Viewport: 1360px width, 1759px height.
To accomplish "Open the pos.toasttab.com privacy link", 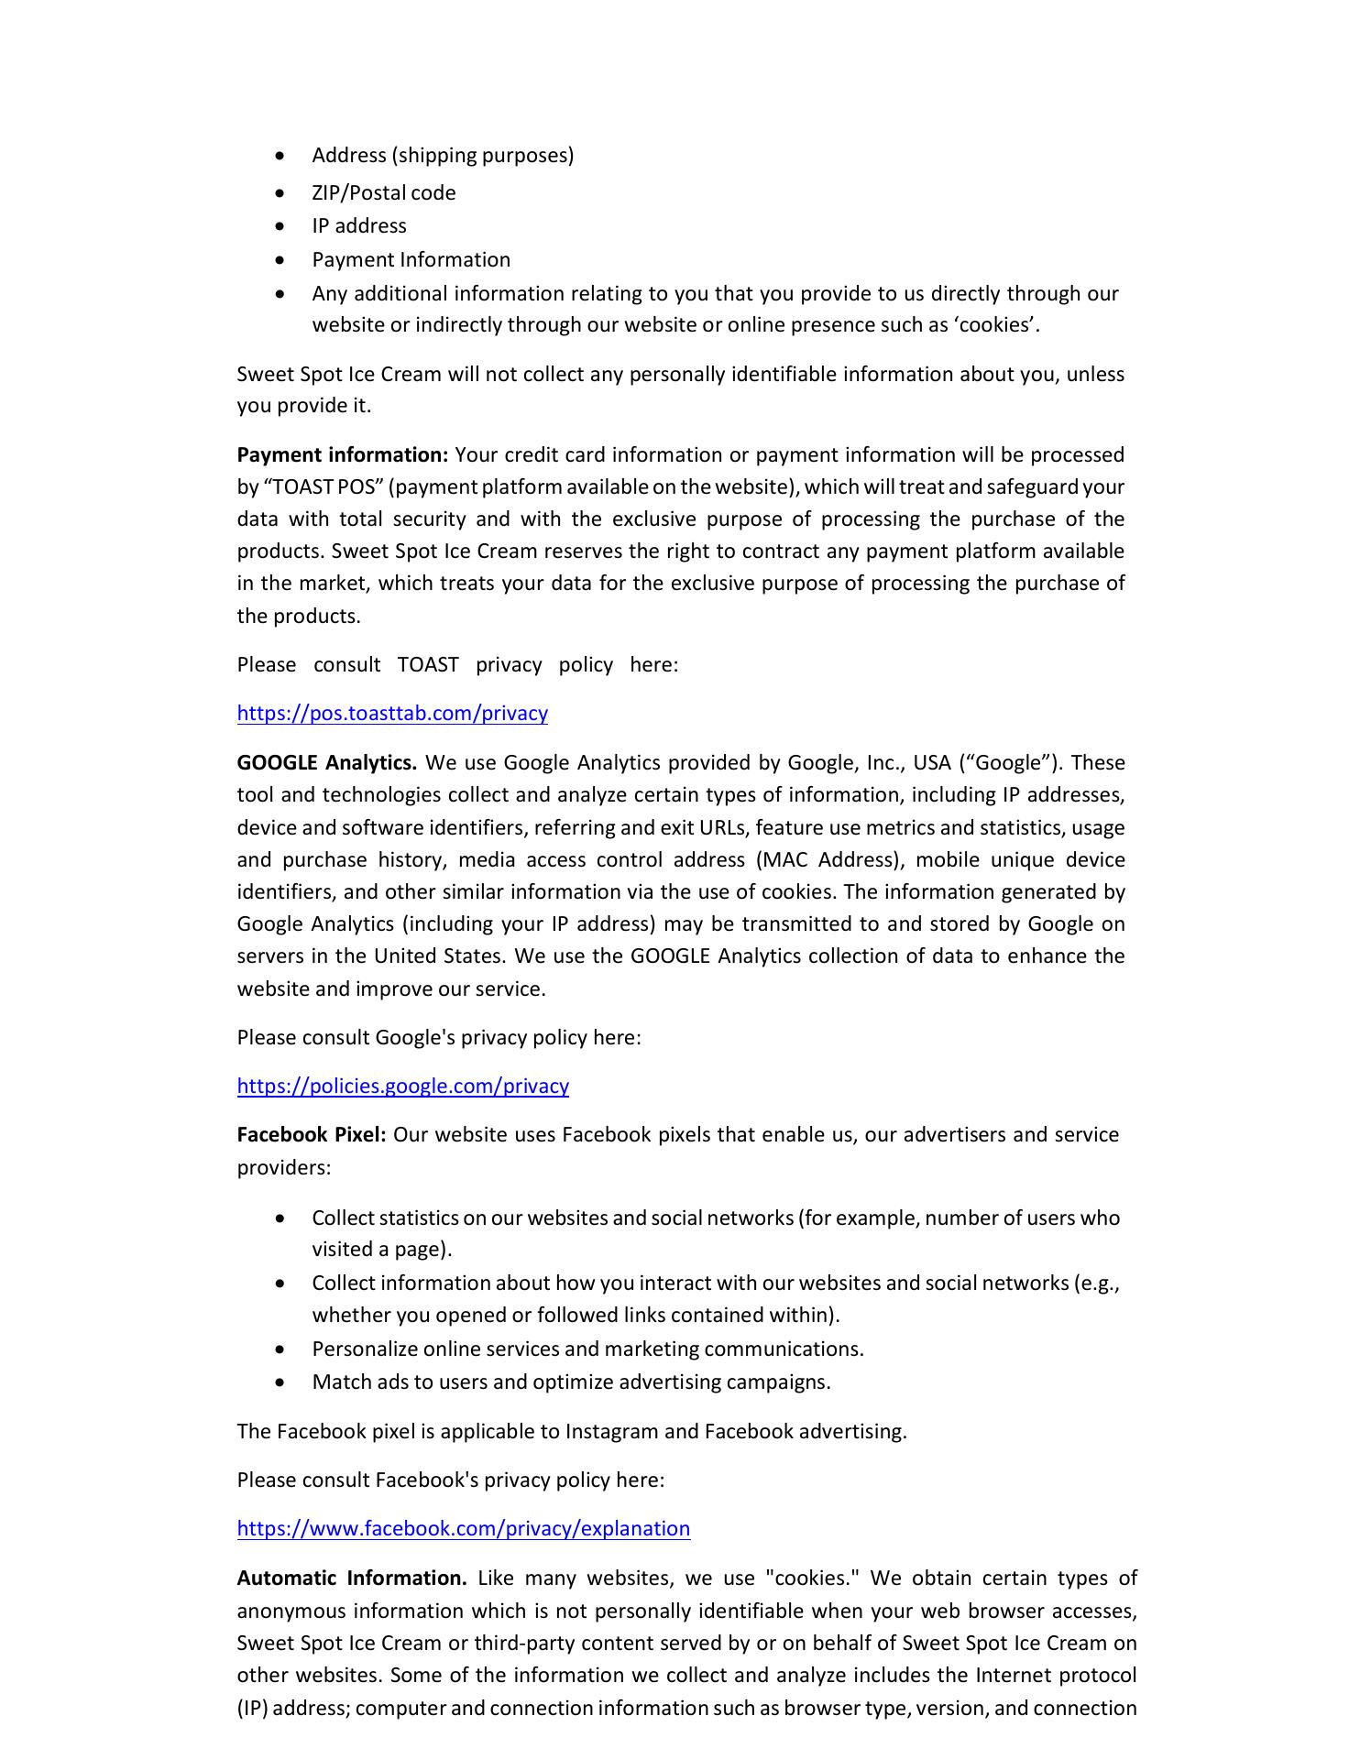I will click(x=392, y=714).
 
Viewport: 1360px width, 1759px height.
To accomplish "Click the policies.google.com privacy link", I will click(x=402, y=1087).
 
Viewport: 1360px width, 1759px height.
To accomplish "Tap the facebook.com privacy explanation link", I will click(x=463, y=1529).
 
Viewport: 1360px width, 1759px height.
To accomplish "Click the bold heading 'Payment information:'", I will click(x=342, y=455).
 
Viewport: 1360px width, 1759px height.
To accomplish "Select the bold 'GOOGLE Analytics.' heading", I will click(x=327, y=763).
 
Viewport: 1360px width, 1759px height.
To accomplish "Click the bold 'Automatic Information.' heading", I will click(x=352, y=1579).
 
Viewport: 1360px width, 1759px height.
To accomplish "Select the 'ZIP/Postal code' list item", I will click(x=383, y=193).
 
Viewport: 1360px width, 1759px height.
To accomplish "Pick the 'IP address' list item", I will click(x=358, y=226).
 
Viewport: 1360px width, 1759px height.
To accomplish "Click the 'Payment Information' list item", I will click(x=411, y=260).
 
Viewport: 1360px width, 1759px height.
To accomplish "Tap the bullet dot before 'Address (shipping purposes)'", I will click(x=280, y=157).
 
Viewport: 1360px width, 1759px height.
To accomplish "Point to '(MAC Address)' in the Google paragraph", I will click(x=830, y=860).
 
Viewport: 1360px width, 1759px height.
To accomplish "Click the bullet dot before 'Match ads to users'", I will click(x=280, y=1383).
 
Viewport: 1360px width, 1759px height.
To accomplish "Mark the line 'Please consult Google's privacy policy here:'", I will click(x=439, y=1038).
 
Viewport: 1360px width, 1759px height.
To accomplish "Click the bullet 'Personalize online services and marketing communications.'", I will click(x=587, y=1349).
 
